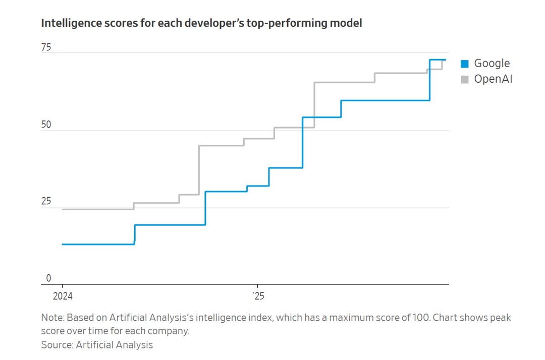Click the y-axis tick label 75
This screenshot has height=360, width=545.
(46, 47)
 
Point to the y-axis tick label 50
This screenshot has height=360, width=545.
(46, 125)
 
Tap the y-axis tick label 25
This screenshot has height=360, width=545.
(46, 201)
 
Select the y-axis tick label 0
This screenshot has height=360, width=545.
(48, 278)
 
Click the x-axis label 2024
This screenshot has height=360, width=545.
(62, 296)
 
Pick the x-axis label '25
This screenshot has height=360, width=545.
(258, 296)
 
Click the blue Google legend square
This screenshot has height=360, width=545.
(465, 64)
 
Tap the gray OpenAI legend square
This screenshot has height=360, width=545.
(465, 79)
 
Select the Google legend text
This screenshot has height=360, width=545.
(492, 64)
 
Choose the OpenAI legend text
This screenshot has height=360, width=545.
(493, 79)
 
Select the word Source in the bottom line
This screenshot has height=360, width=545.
(56, 345)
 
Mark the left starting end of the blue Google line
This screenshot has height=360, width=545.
(63, 244)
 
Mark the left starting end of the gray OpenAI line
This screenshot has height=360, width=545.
(63, 209)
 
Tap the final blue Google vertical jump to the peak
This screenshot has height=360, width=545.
(429, 80)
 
